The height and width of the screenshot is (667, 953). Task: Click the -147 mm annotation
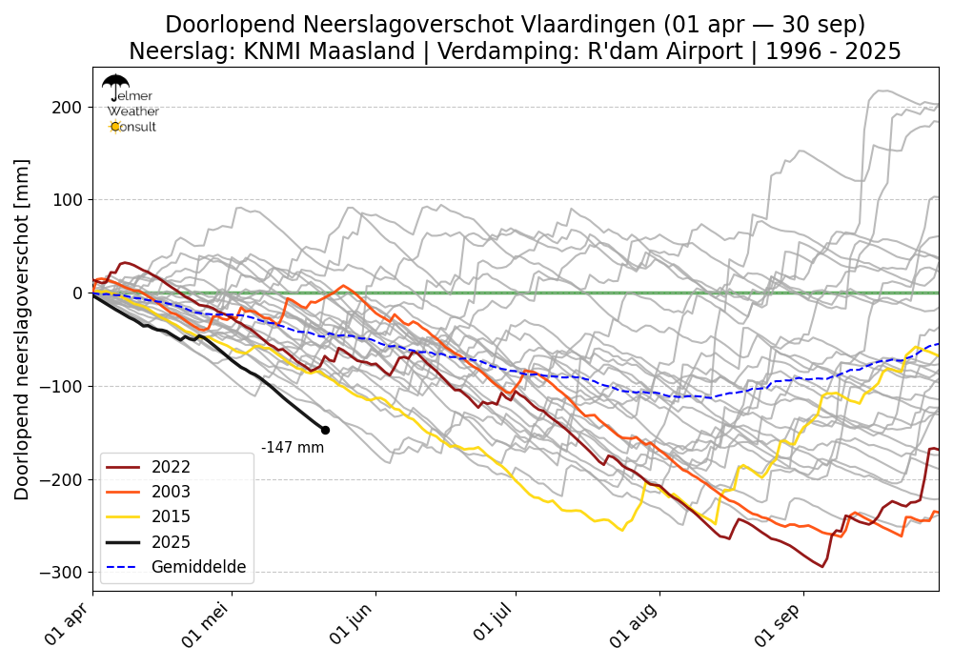click(293, 448)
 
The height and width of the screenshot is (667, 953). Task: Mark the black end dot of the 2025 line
click(325, 430)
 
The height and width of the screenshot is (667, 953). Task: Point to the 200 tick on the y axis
click(68, 107)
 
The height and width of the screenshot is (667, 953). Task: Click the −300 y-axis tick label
click(61, 572)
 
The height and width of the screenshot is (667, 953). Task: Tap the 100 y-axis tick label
click(68, 200)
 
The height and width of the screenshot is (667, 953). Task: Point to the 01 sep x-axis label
click(780, 626)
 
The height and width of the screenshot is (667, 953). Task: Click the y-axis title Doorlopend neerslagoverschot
click(23, 329)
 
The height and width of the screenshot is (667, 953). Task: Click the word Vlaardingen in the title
click(551, 25)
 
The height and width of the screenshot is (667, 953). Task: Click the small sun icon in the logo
click(115, 127)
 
